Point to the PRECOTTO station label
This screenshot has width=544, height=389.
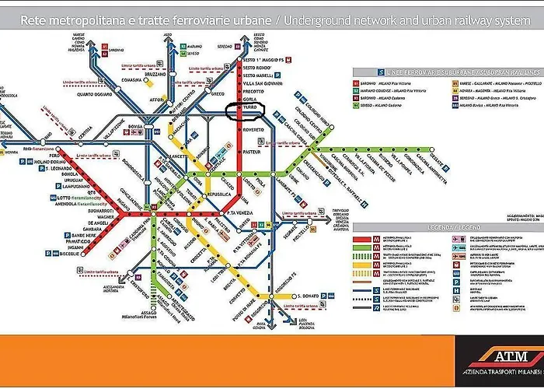click(x=256, y=93)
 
